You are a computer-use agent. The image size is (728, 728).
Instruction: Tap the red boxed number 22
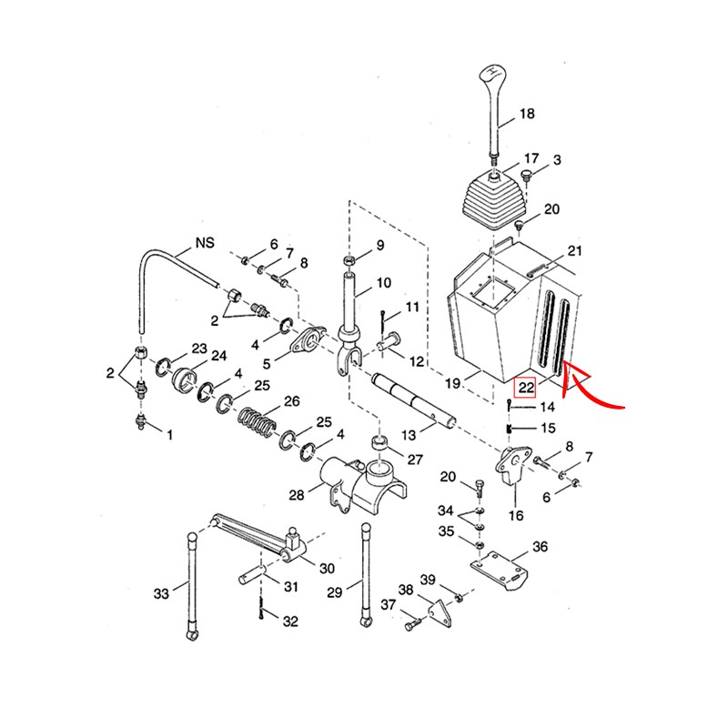[526, 386]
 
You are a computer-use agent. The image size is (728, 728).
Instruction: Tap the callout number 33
[161, 594]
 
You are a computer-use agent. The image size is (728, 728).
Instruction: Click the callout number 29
[334, 592]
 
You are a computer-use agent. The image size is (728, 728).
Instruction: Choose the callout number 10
[381, 282]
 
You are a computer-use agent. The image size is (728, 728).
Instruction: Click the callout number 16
[515, 516]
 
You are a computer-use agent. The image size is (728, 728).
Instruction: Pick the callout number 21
[573, 250]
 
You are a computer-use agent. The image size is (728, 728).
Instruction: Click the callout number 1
[167, 434]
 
